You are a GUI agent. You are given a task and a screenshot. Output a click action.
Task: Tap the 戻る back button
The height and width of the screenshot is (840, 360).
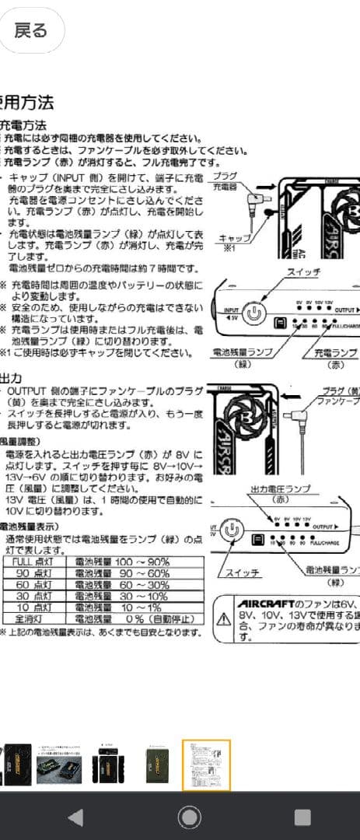point(32,30)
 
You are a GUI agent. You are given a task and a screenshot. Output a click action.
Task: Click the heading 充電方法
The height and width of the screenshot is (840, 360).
point(24,125)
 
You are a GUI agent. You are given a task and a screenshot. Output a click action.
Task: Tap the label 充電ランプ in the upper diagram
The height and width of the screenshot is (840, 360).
point(336,353)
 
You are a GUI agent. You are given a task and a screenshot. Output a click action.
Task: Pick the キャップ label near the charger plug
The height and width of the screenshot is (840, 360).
point(234,238)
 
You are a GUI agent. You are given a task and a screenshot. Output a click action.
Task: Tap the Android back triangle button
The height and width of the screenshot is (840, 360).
point(75,817)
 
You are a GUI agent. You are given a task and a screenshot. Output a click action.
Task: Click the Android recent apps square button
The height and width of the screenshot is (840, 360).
point(302,817)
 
